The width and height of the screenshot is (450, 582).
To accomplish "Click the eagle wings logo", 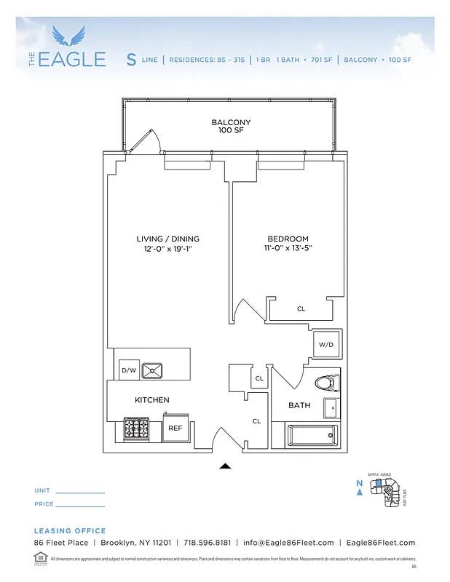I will tap(72, 36).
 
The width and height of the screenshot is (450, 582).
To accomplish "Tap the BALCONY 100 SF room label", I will tap(231, 127).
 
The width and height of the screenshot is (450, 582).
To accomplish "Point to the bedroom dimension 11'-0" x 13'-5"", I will tap(288, 249).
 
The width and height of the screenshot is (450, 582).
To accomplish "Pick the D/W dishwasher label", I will tap(129, 371).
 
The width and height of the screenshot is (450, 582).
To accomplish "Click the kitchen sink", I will tap(153, 370).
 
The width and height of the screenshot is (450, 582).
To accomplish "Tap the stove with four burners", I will tap(136, 429).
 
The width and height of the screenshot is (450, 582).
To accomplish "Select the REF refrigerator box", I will tap(175, 428).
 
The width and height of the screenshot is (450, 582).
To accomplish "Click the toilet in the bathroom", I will tap(325, 382).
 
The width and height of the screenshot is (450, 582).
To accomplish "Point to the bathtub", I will tap(312, 436).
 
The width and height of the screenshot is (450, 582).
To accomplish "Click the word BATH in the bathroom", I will tap(299, 405).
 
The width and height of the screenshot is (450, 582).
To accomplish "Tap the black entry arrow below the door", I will tap(226, 466).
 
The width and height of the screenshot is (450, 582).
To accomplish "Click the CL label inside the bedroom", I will tap(301, 309).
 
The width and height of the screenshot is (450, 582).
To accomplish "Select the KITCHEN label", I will tap(152, 400).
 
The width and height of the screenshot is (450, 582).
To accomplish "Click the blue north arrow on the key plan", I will tap(360, 493).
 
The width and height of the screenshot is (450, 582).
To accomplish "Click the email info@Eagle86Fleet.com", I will tap(288, 543).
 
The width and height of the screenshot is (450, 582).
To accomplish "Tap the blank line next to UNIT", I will tap(80, 493).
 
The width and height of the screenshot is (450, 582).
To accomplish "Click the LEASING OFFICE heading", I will tap(70, 531).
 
